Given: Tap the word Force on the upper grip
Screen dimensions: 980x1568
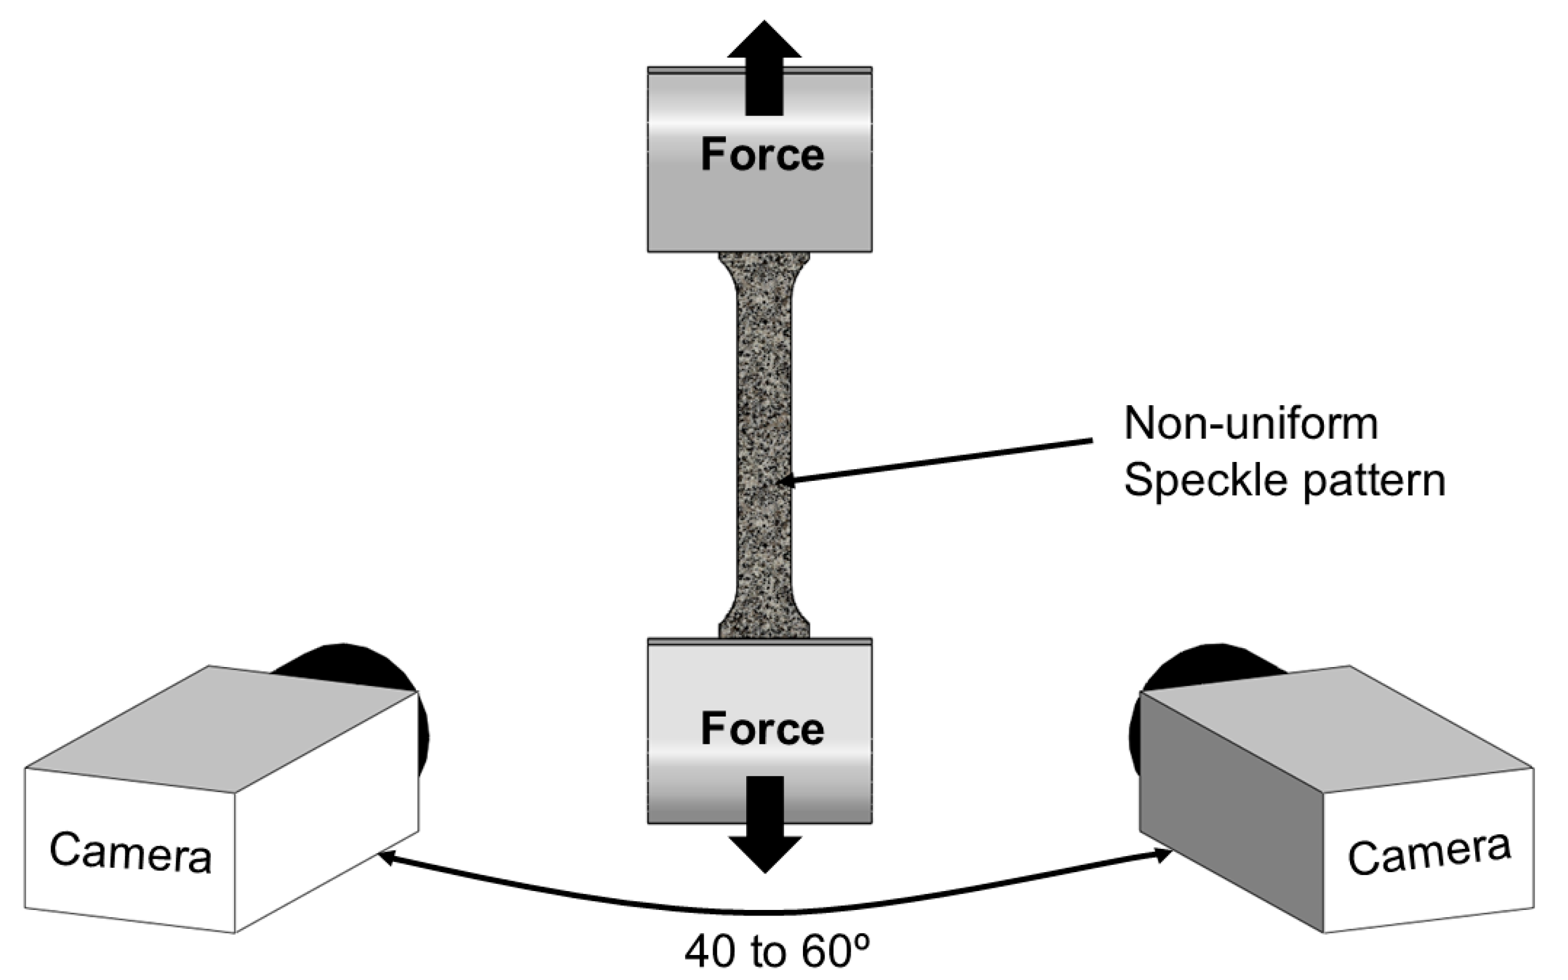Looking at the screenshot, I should [x=762, y=156].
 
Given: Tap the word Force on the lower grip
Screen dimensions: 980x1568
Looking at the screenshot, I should [x=762, y=729].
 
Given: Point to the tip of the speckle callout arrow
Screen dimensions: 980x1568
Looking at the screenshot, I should [x=782, y=481].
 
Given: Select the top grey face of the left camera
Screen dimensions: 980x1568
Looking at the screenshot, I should [x=220, y=729].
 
